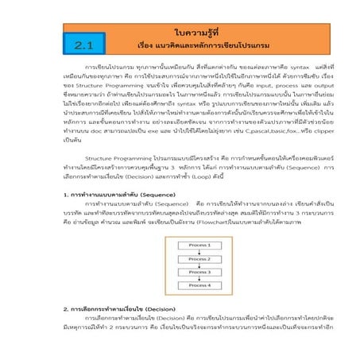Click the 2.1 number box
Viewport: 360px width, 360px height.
(x=83, y=45)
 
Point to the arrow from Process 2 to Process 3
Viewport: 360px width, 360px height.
(x=176, y=257)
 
